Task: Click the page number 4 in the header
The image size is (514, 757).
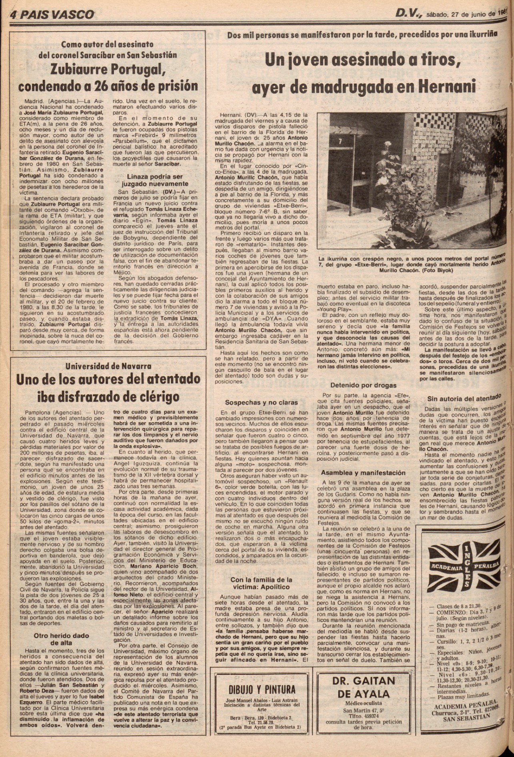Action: coord(13,15)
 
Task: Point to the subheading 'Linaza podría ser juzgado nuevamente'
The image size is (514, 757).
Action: coord(155,180)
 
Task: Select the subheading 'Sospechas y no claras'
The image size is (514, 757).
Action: coord(261,402)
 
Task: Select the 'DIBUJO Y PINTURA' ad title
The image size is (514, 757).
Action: coord(262,689)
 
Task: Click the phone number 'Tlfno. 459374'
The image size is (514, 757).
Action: coord(364,716)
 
